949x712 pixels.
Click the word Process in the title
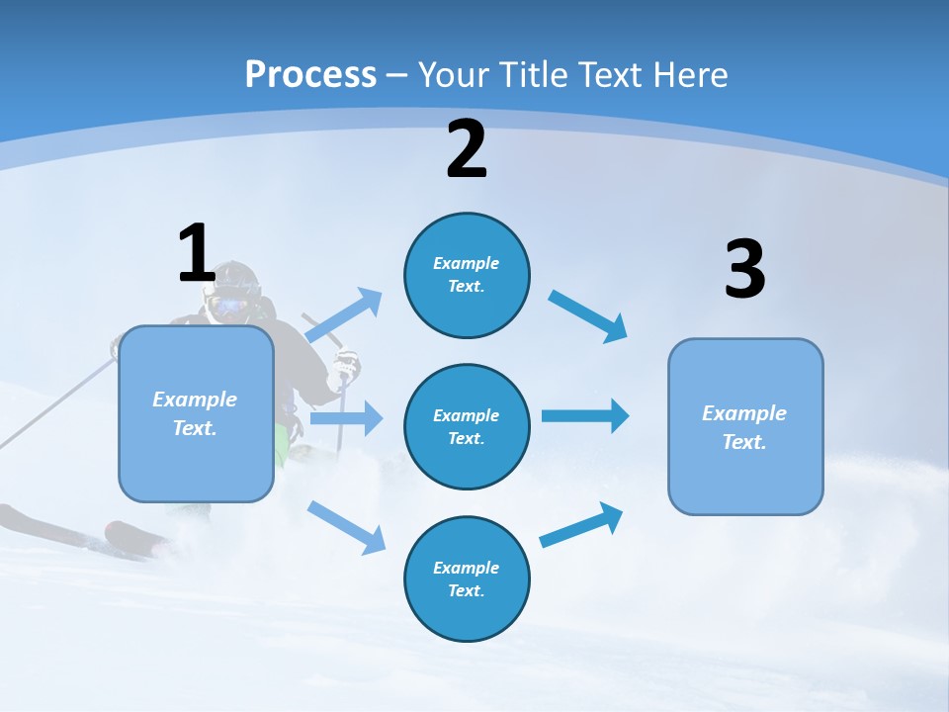point(310,74)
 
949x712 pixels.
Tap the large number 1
point(196,253)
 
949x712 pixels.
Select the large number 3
point(744,270)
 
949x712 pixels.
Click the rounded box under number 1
point(196,413)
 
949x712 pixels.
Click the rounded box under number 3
point(745,426)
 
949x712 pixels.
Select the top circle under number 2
point(467,275)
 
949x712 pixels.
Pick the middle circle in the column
point(467,426)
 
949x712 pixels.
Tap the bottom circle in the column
point(467,578)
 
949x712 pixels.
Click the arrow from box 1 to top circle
point(344,315)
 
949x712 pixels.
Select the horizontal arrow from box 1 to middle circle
point(346,418)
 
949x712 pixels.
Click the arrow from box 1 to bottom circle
point(346,526)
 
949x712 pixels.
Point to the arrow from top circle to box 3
point(588,315)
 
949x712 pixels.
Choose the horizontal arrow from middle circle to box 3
point(585,415)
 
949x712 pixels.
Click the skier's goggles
point(229,305)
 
